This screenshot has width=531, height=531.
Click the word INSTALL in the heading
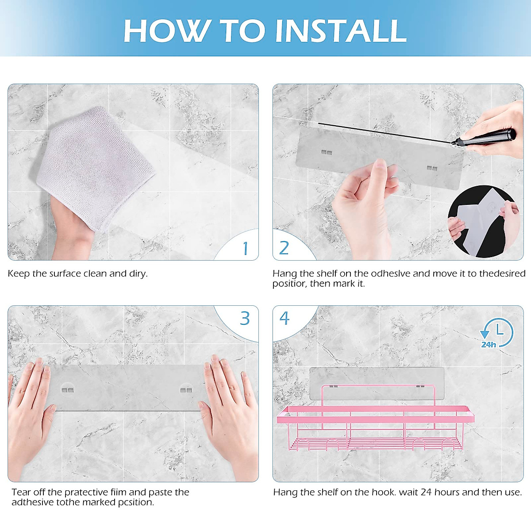341,31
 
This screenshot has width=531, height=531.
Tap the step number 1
245,248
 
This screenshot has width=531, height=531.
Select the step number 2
284,248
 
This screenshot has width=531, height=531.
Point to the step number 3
244,318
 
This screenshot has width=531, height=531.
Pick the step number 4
285,318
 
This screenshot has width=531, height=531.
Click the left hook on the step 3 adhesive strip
68,390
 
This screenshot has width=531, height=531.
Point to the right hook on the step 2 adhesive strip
432,168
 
